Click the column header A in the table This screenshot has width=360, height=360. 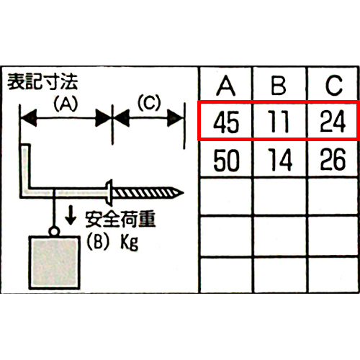click(225, 86)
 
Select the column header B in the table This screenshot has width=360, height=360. click(279, 86)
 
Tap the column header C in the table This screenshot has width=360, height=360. click(334, 86)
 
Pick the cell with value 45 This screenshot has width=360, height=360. click(226, 122)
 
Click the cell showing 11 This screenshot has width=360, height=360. click(279, 122)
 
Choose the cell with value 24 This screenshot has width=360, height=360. click(333, 122)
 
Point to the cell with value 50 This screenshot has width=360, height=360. click(226, 160)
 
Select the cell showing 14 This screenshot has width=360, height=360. click(280, 160)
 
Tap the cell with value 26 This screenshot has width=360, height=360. click(333, 160)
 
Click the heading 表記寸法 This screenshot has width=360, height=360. click(42, 82)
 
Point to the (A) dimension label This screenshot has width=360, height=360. click(66, 104)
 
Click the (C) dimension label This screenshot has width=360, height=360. click(149, 103)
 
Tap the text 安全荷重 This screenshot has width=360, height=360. click(120, 219)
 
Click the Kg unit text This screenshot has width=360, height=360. click(129, 243)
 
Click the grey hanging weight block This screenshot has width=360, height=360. click(55, 263)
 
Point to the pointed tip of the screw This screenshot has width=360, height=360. click(184, 192)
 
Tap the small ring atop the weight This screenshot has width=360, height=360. click(54, 231)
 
